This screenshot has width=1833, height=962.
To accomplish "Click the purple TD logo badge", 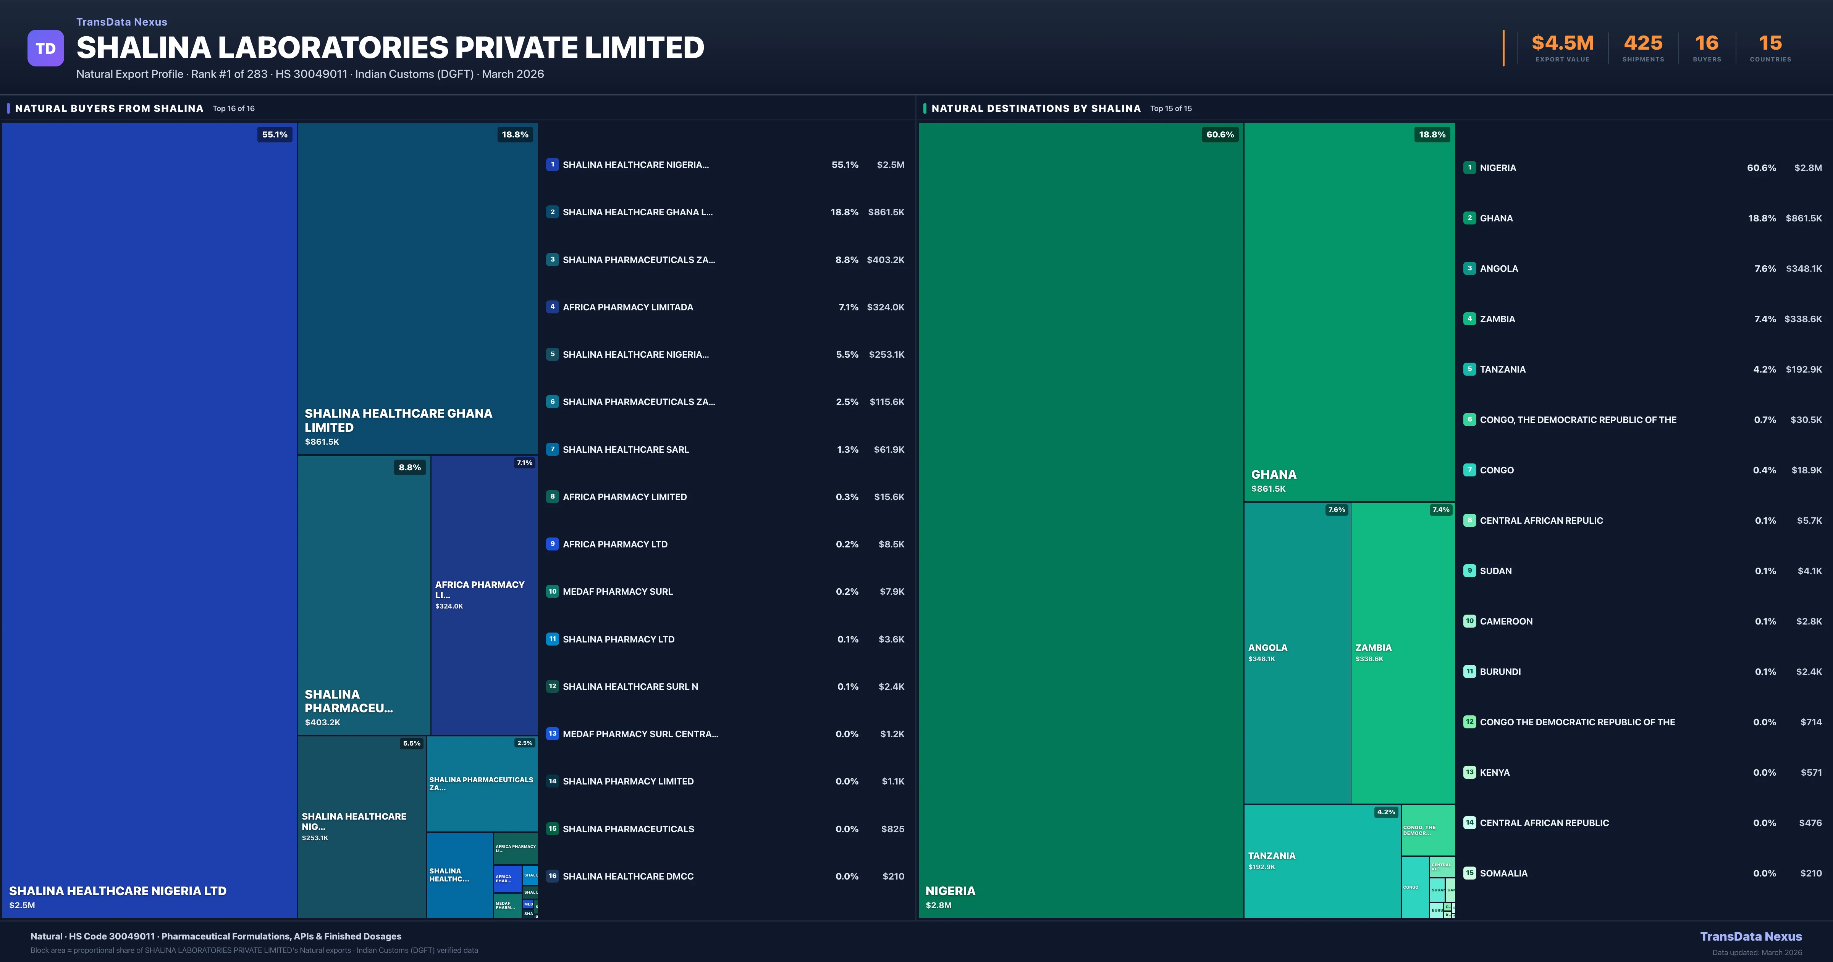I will click(x=45, y=48).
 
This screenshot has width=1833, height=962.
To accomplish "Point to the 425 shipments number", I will click(x=1642, y=44).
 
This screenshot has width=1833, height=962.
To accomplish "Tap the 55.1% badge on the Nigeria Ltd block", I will click(x=275, y=134).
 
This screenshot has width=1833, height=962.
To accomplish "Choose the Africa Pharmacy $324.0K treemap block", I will click(x=484, y=595).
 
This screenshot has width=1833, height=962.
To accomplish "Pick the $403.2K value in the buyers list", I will click(x=885, y=260).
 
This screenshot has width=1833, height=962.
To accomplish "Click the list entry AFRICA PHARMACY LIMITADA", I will click(x=627, y=307).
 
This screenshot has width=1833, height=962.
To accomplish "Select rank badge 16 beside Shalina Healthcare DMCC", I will click(x=552, y=876).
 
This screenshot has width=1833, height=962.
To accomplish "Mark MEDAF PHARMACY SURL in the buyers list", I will click(x=617, y=591).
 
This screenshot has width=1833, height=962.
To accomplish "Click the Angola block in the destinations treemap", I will click(x=1296, y=652).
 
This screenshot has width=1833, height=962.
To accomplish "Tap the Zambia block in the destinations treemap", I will click(x=1402, y=652).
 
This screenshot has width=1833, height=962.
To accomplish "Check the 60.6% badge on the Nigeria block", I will click(x=1220, y=134).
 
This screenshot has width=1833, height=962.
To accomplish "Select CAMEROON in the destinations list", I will click(x=1506, y=621).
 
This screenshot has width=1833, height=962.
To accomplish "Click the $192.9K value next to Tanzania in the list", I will click(x=1803, y=369).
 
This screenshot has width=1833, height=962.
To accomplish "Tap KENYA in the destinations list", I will click(x=1494, y=772).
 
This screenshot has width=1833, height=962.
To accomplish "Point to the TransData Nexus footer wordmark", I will click(x=1751, y=936).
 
